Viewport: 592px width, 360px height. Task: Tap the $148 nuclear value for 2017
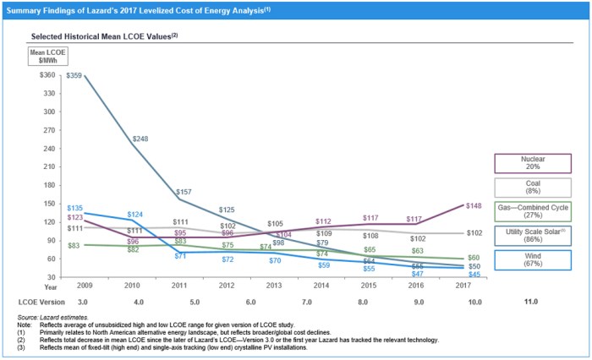(473, 205)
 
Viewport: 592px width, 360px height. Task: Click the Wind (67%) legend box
(536, 259)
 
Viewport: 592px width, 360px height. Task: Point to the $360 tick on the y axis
(47, 75)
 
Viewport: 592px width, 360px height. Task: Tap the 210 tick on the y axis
(49, 166)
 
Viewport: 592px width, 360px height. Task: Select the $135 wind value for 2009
(74, 207)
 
